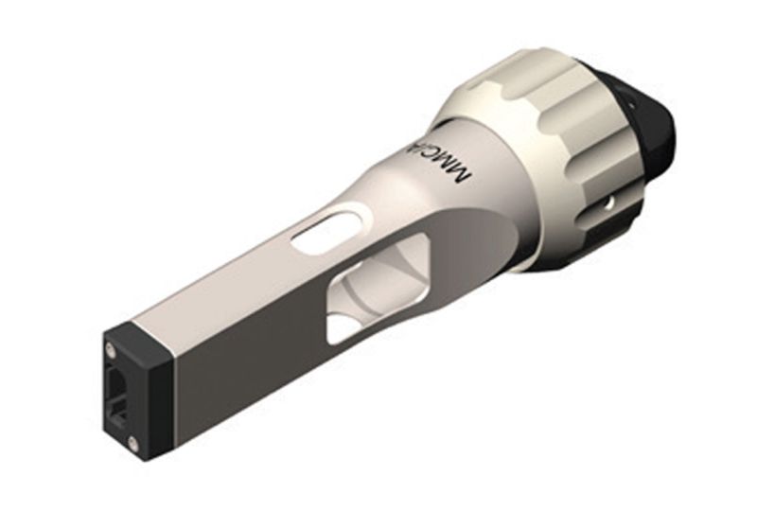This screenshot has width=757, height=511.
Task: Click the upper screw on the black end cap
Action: [x=112, y=350]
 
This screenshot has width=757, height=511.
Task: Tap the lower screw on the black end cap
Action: [x=132, y=442]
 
